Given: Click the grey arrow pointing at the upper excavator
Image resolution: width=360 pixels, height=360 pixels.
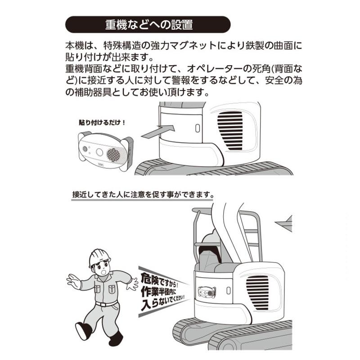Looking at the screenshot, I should [158, 130].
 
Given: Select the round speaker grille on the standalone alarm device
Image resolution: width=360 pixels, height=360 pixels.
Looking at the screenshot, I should [114, 154].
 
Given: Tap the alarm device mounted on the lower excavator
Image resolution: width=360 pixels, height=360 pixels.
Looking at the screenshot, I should [205, 292].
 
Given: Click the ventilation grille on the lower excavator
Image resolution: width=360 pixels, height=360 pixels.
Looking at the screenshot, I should [257, 292].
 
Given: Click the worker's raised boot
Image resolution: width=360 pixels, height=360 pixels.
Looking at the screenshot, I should [85, 330].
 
